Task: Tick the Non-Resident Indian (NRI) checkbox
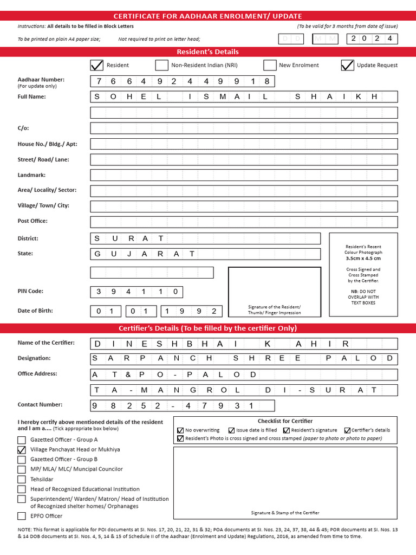tap(161, 66)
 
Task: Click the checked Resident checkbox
tap(96, 66)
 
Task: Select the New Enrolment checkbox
tap(270, 66)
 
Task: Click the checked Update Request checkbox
tap(347, 66)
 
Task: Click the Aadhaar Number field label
tap(41, 80)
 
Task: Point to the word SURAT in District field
tap(129, 238)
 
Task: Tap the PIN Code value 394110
tap(136, 292)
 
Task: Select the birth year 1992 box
tap(191, 311)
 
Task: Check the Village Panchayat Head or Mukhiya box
tap(22, 450)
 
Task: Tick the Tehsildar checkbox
tap(22, 479)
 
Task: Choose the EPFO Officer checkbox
tap(22, 516)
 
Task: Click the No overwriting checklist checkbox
tap(180, 430)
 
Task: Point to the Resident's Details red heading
tap(208, 52)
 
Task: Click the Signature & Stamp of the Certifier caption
tap(285, 513)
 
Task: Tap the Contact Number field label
tap(40, 405)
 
